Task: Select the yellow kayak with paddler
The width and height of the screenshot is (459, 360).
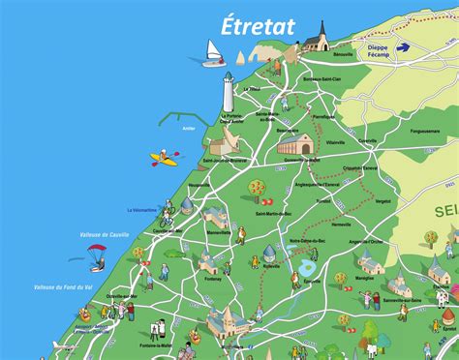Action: (x=164, y=158)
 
